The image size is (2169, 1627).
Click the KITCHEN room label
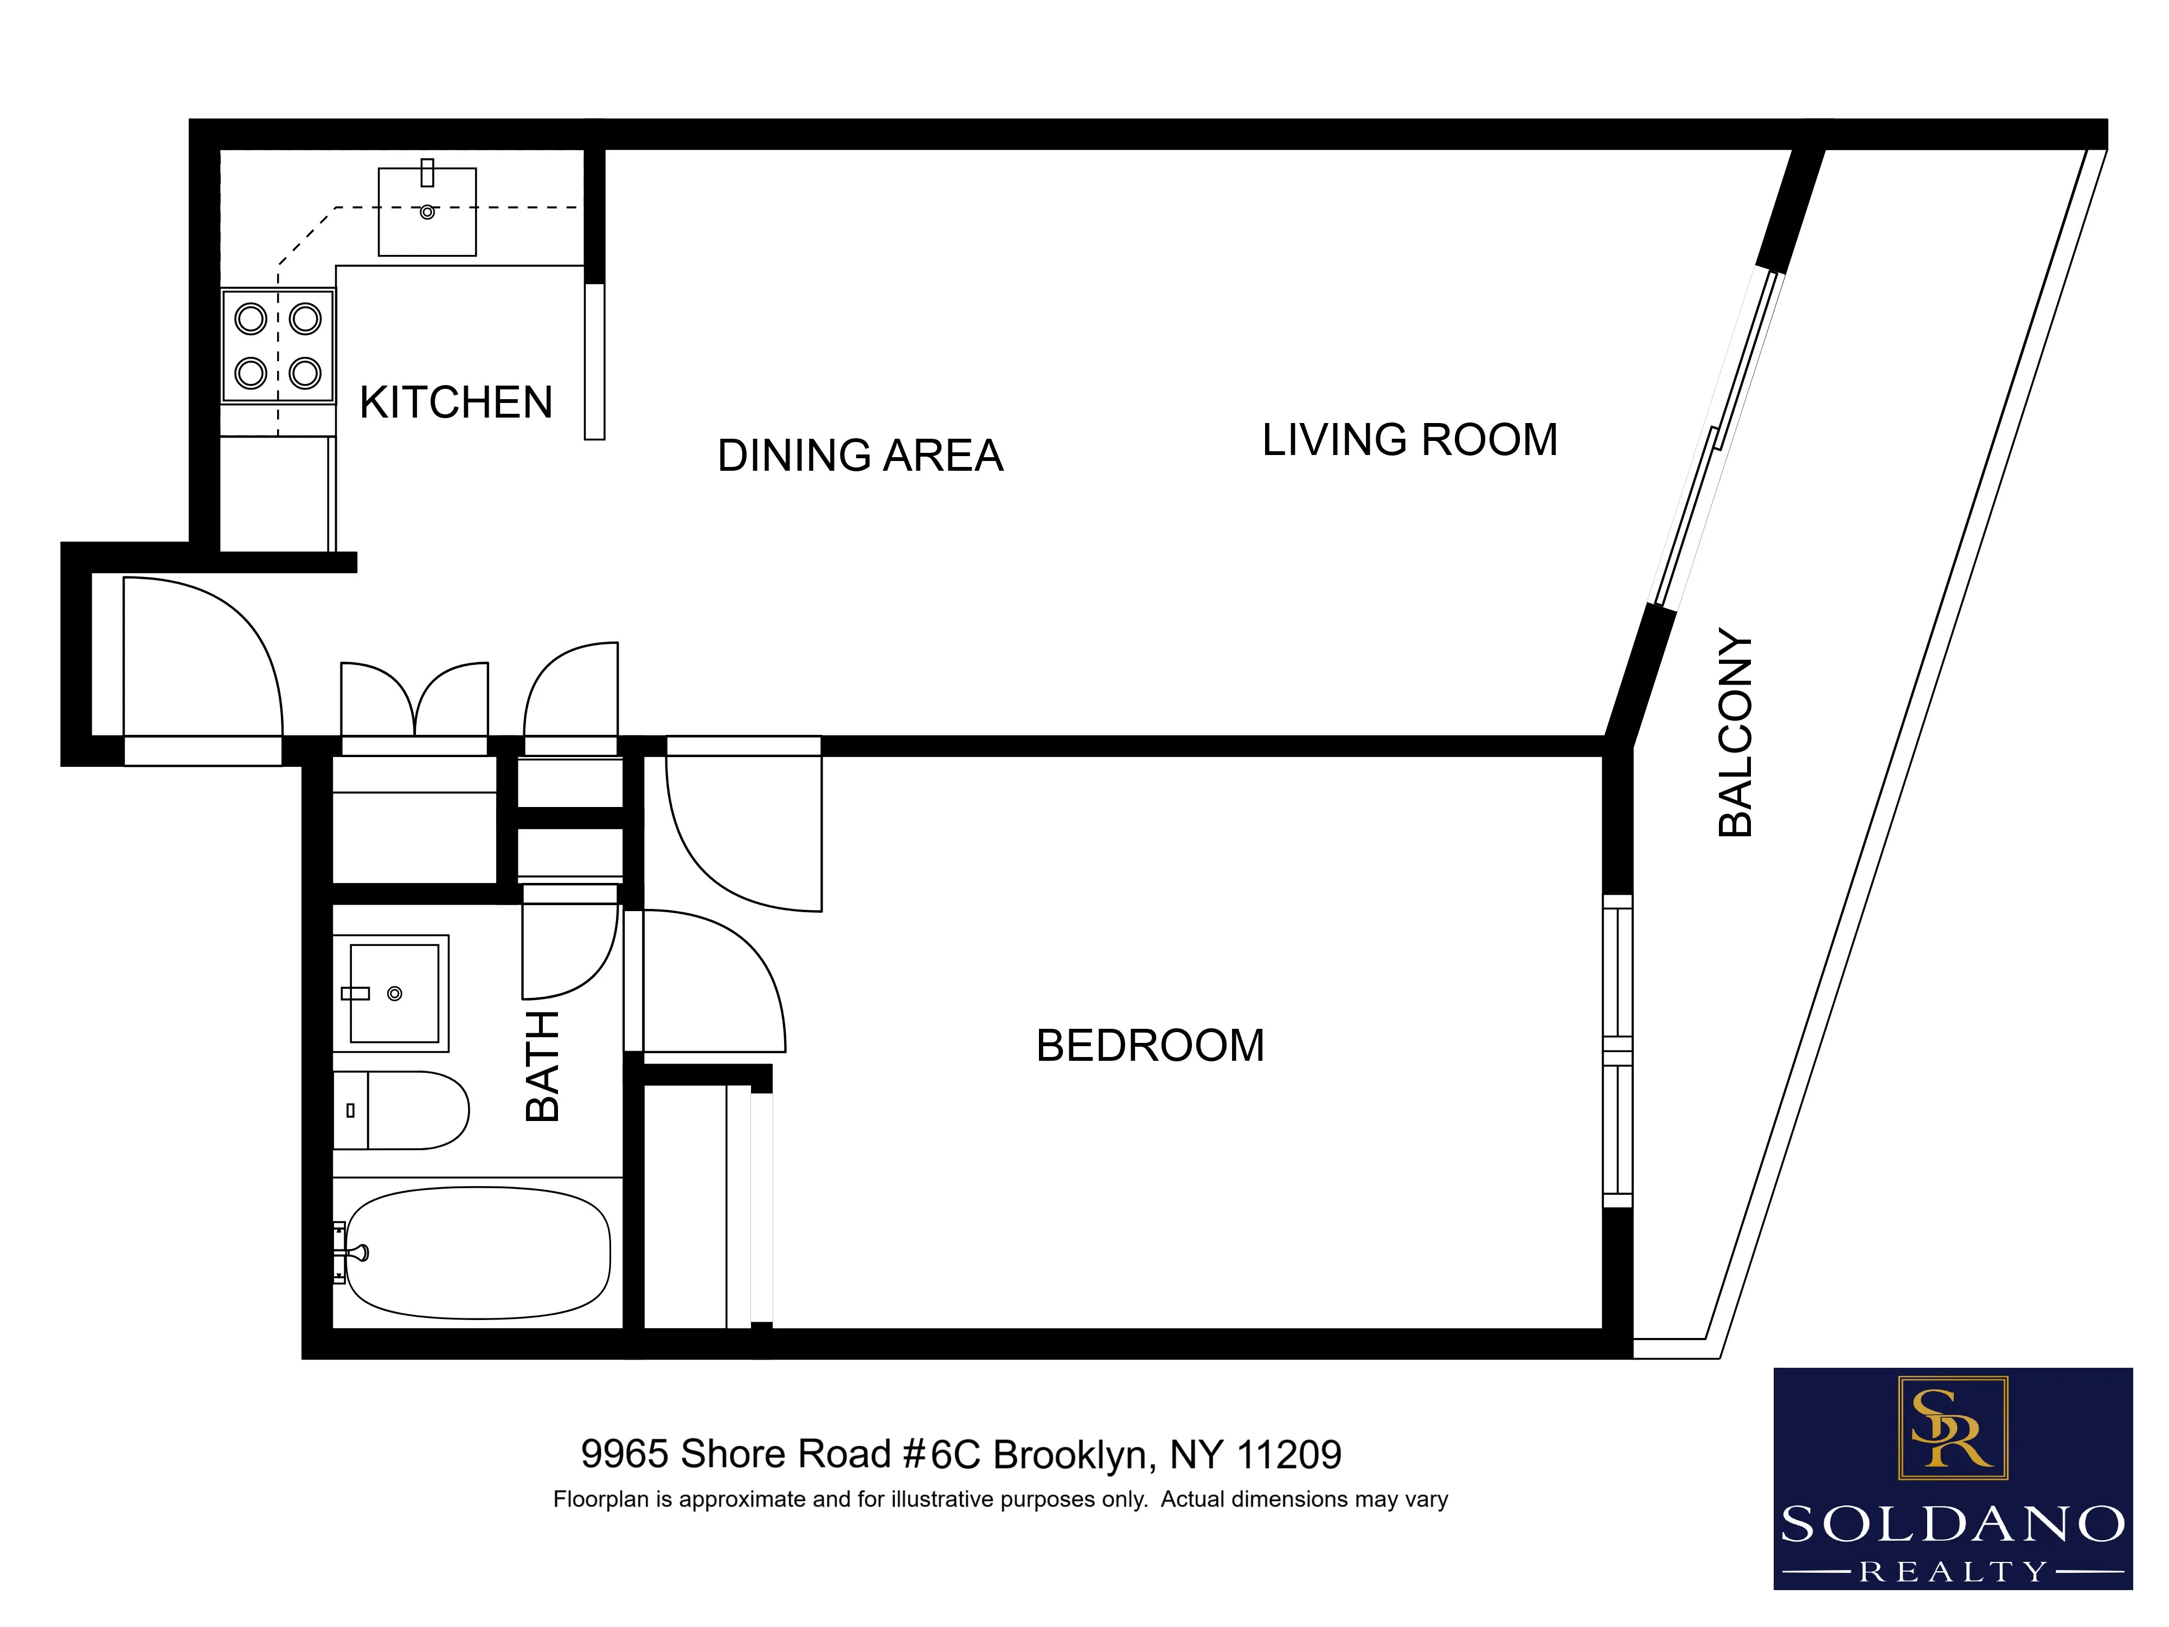click(x=456, y=403)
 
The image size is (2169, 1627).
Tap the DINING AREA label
click(x=860, y=456)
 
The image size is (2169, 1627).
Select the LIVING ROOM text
click(x=1409, y=440)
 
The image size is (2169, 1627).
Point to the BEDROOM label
click(x=1149, y=1046)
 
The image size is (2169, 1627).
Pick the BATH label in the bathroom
click(x=542, y=1066)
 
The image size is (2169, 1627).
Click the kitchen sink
click(x=427, y=212)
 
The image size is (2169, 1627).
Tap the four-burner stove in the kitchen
click(x=279, y=345)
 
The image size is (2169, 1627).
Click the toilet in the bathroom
click(x=402, y=1110)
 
